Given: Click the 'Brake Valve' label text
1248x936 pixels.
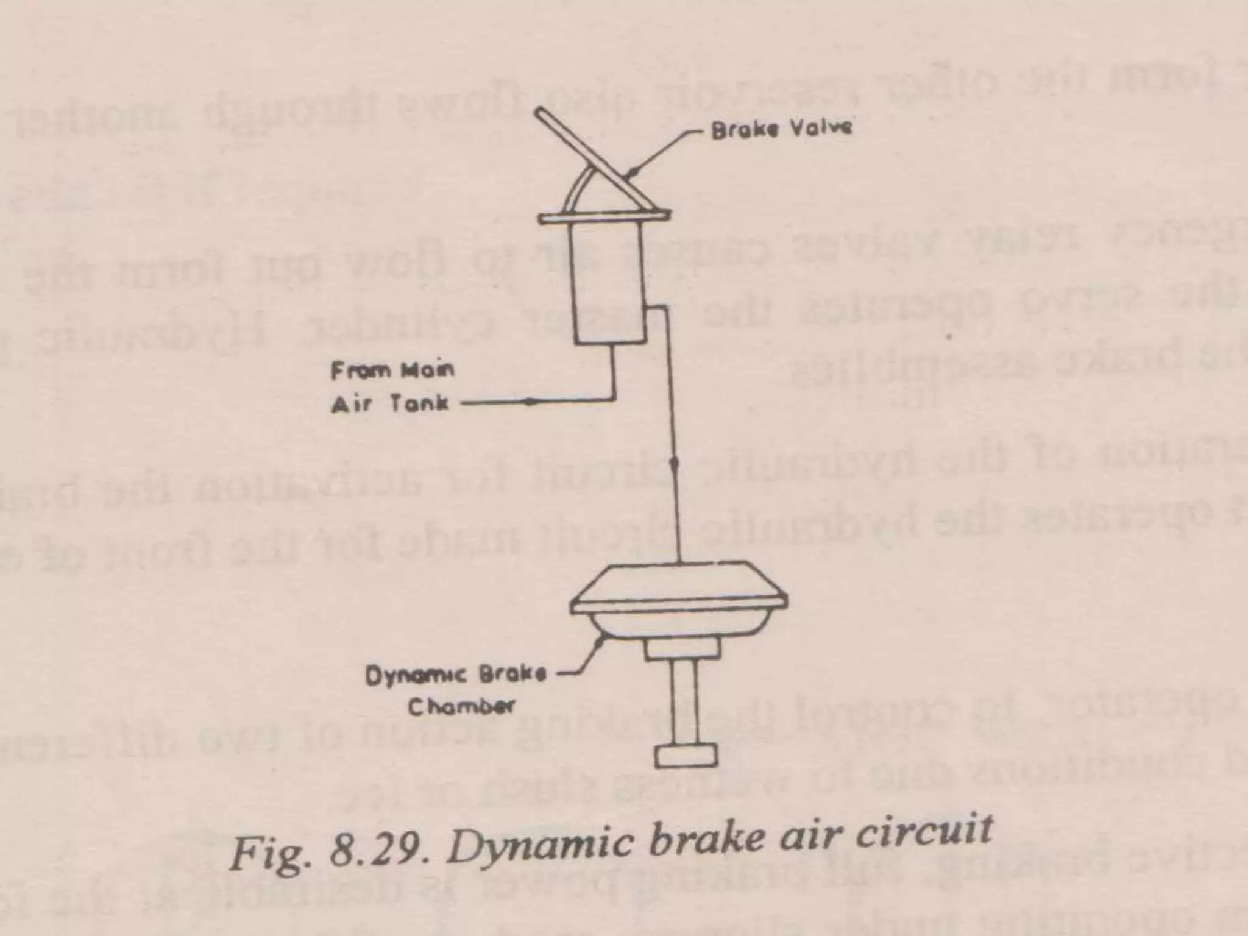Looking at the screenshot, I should point(781,130).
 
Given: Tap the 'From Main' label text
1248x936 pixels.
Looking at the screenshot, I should point(392,370).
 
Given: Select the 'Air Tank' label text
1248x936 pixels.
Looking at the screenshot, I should point(391,403).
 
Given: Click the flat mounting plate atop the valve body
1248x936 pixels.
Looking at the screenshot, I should point(604,216).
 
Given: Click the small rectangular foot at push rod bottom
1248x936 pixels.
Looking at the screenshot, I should point(686,756).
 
